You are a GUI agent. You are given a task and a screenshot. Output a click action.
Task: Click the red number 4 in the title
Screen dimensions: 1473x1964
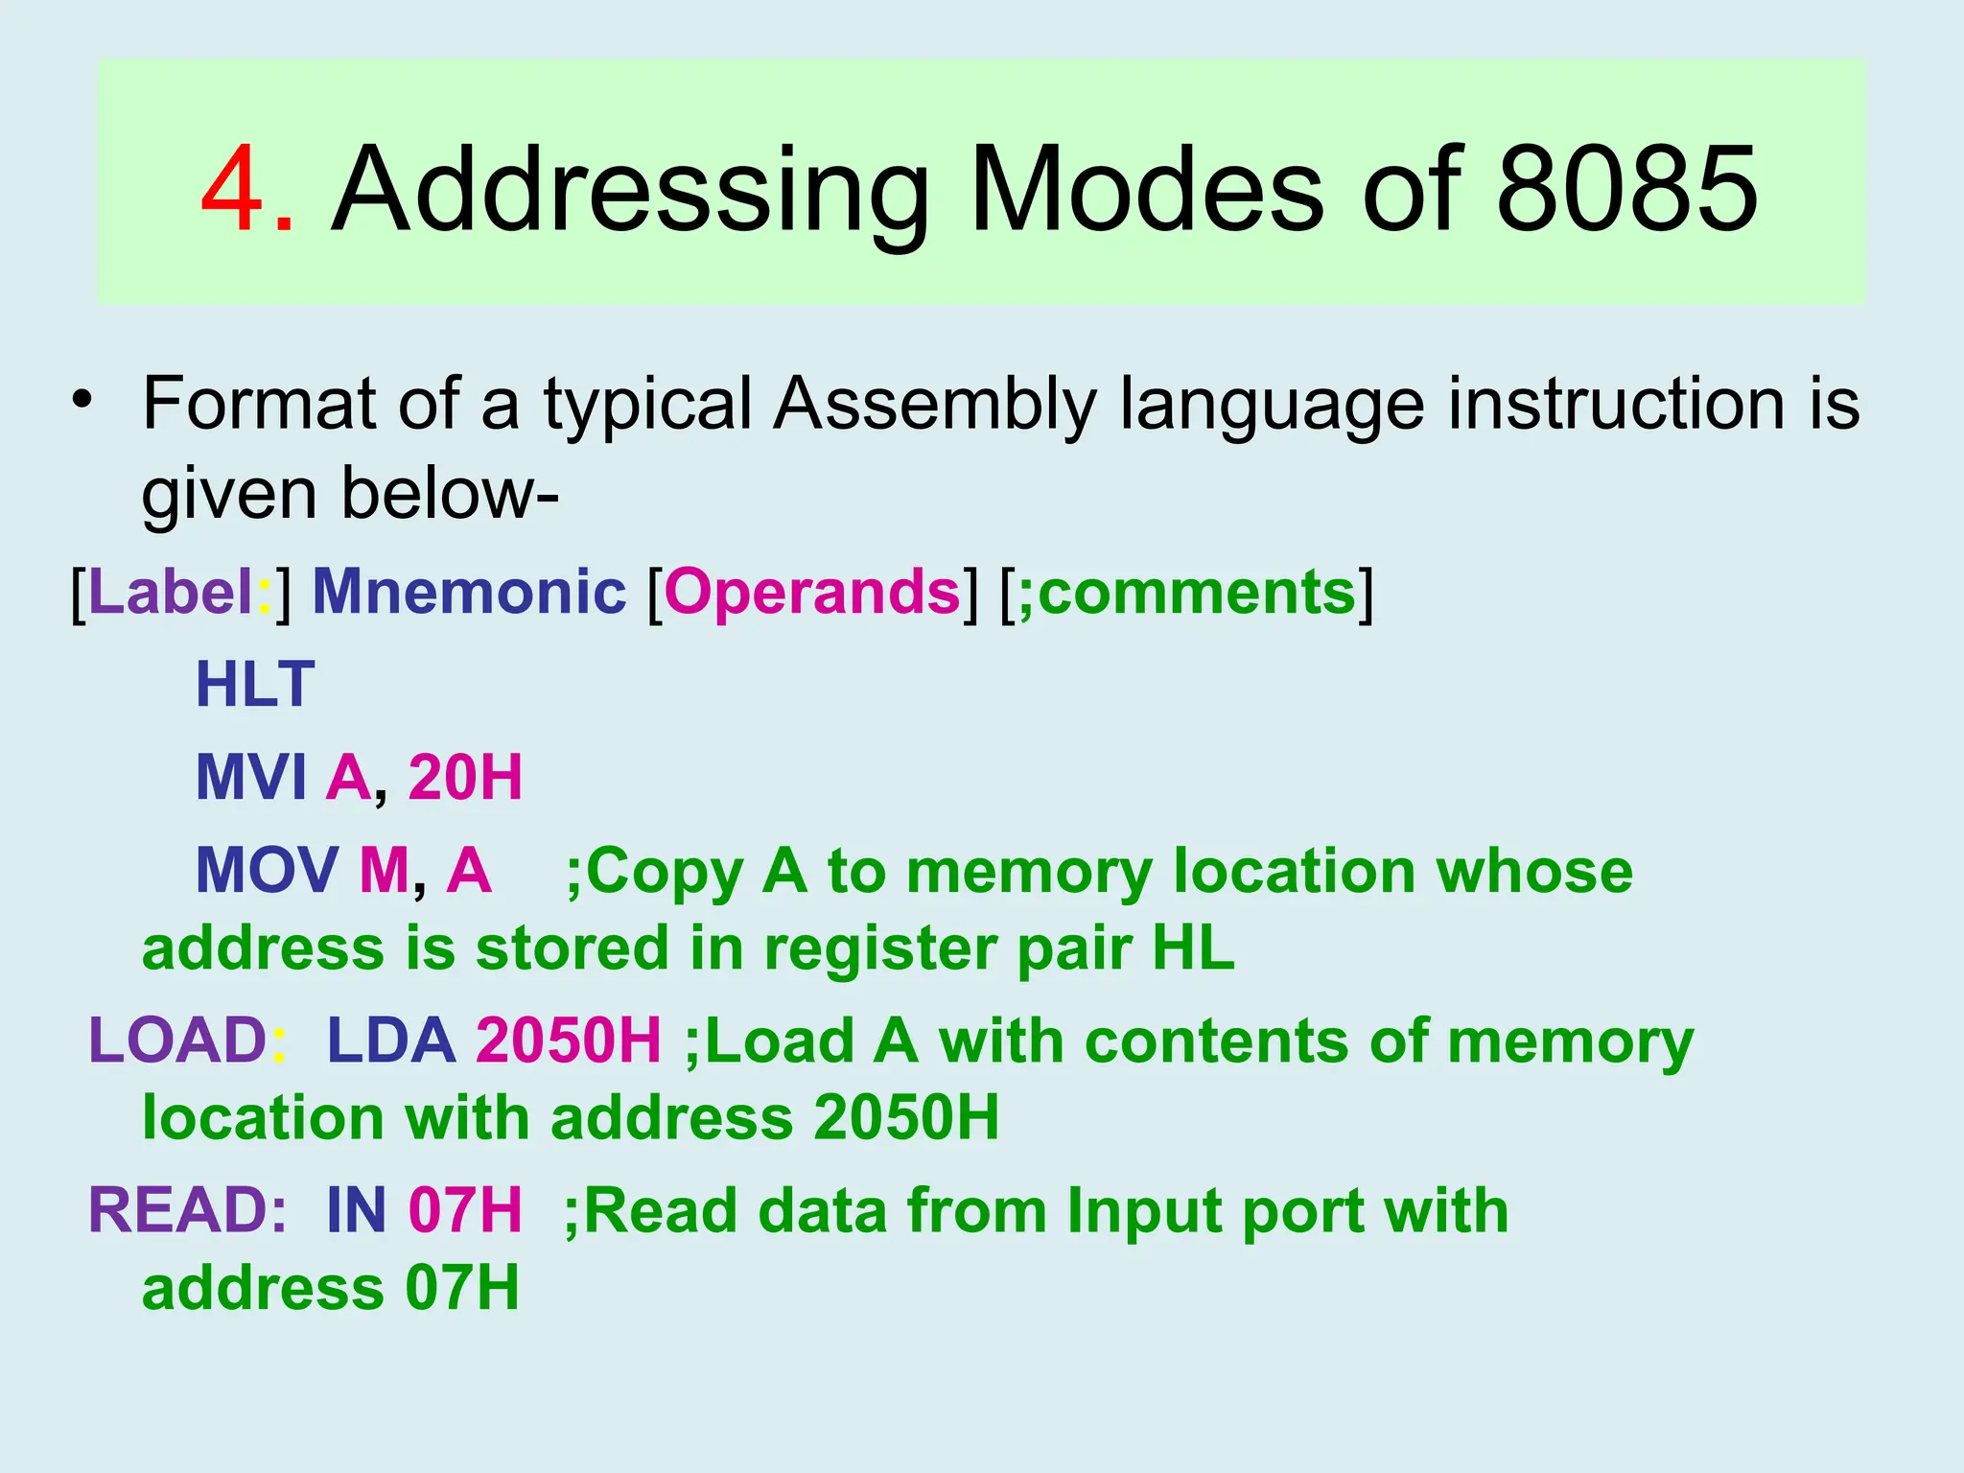tap(233, 189)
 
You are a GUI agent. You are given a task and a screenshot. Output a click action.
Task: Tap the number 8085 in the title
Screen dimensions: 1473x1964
tap(1626, 189)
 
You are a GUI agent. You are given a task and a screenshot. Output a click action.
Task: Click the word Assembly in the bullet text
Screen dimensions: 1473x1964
tap(935, 404)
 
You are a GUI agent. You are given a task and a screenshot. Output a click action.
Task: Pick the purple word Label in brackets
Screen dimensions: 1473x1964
tap(171, 592)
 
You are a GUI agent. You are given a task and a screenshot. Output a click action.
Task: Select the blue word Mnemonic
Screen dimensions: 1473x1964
tap(469, 592)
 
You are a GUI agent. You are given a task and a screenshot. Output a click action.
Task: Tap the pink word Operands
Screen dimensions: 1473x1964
tap(811, 592)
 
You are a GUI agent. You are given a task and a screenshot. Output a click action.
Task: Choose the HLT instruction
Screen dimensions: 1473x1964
tap(255, 685)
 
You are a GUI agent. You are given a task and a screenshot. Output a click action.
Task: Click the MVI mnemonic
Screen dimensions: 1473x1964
tap(251, 777)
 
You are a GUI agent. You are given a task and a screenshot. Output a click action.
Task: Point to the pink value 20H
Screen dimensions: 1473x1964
tap(465, 777)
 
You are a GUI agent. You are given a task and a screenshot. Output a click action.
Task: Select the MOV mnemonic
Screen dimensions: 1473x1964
tap(267, 871)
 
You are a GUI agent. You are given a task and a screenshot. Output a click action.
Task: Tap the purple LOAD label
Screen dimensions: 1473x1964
tap(177, 1041)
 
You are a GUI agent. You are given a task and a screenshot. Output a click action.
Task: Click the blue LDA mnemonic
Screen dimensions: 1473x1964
tap(391, 1041)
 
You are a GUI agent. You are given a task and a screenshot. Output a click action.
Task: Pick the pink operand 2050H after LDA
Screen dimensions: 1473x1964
tap(569, 1041)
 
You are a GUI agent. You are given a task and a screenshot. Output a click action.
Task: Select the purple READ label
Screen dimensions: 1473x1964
tap(177, 1210)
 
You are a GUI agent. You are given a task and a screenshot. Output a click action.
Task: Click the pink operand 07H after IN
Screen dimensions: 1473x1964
tap(465, 1210)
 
